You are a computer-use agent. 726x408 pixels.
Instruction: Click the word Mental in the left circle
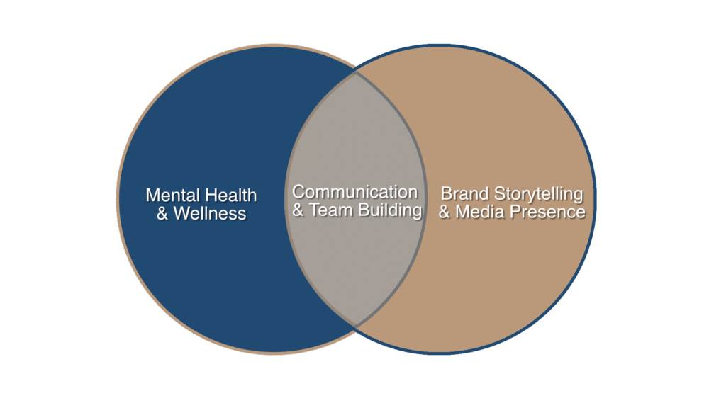click(x=169, y=195)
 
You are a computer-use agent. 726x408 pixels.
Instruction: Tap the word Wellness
click(x=210, y=214)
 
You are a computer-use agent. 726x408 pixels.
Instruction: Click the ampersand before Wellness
click(x=162, y=214)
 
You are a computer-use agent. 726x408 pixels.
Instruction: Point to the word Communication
click(x=354, y=192)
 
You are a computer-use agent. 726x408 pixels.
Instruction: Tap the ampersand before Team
click(x=298, y=210)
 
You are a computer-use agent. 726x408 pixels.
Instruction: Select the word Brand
click(x=465, y=194)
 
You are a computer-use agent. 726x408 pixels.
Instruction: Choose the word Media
click(x=479, y=212)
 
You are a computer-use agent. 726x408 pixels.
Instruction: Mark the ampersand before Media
click(x=445, y=212)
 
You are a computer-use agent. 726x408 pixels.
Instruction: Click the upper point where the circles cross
click(x=356, y=72)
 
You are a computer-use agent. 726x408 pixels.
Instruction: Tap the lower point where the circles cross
click(x=356, y=327)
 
